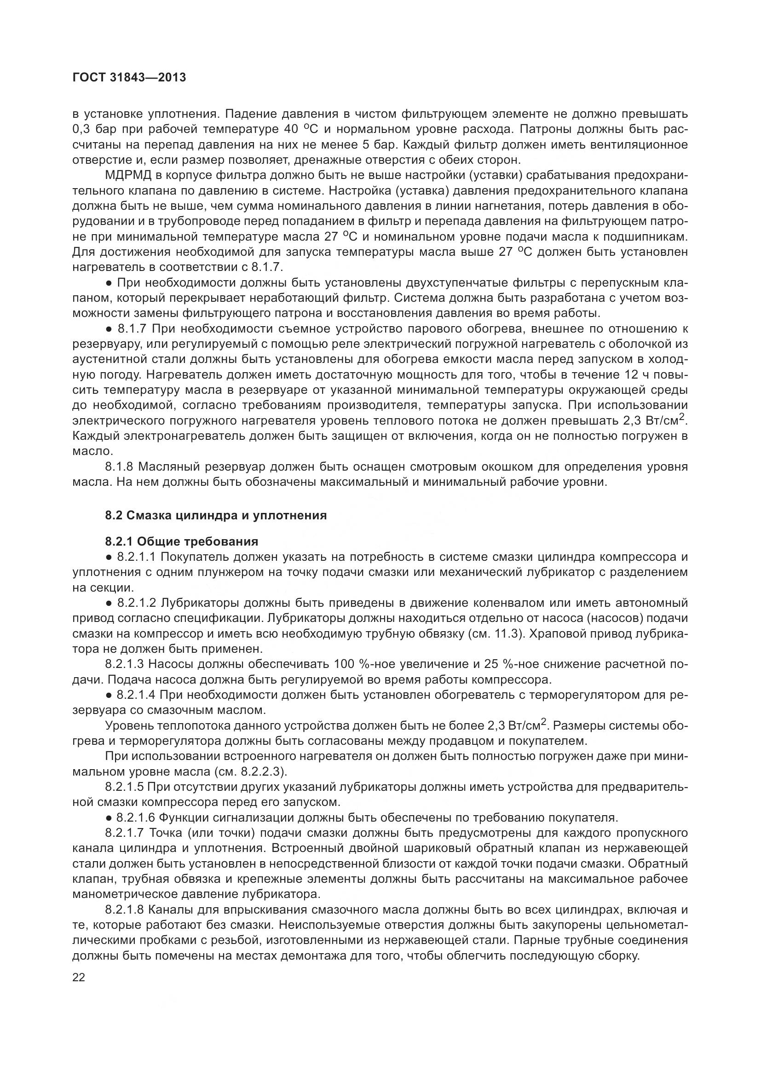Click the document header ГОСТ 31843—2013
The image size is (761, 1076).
point(129,78)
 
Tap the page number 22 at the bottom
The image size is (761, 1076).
point(79,978)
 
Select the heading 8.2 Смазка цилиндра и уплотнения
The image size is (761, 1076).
point(215,516)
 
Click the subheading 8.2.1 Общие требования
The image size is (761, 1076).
point(182,542)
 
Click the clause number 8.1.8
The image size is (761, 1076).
point(120,467)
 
